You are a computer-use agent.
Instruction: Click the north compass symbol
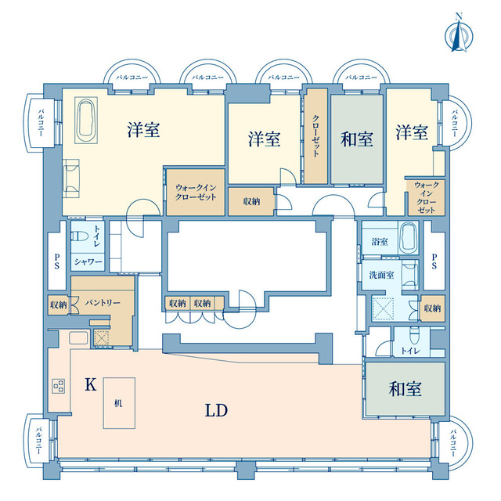click(459, 37)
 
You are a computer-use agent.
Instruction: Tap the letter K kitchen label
click(91, 384)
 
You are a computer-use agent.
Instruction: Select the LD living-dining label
click(216, 410)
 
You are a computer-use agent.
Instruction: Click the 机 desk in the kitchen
click(119, 403)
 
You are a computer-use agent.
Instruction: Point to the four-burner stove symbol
click(59, 386)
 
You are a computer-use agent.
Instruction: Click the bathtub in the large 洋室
click(86, 121)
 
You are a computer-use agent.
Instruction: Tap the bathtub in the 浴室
click(409, 238)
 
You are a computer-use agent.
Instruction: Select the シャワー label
click(88, 262)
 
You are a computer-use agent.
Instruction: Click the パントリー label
click(103, 302)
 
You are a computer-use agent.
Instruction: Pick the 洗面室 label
click(381, 275)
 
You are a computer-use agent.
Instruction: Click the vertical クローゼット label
click(315, 135)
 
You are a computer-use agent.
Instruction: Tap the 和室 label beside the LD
click(405, 389)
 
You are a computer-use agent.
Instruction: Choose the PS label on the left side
click(57, 261)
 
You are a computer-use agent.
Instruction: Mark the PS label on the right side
click(434, 261)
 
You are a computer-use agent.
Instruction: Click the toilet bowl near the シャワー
click(80, 236)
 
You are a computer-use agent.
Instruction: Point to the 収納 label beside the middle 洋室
click(251, 201)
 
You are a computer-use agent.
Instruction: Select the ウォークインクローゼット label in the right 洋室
click(426, 197)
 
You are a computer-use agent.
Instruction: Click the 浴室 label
click(380, 242)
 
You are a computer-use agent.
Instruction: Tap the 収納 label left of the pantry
click(58, 305)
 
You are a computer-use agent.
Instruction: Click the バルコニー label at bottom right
click(453, 442)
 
